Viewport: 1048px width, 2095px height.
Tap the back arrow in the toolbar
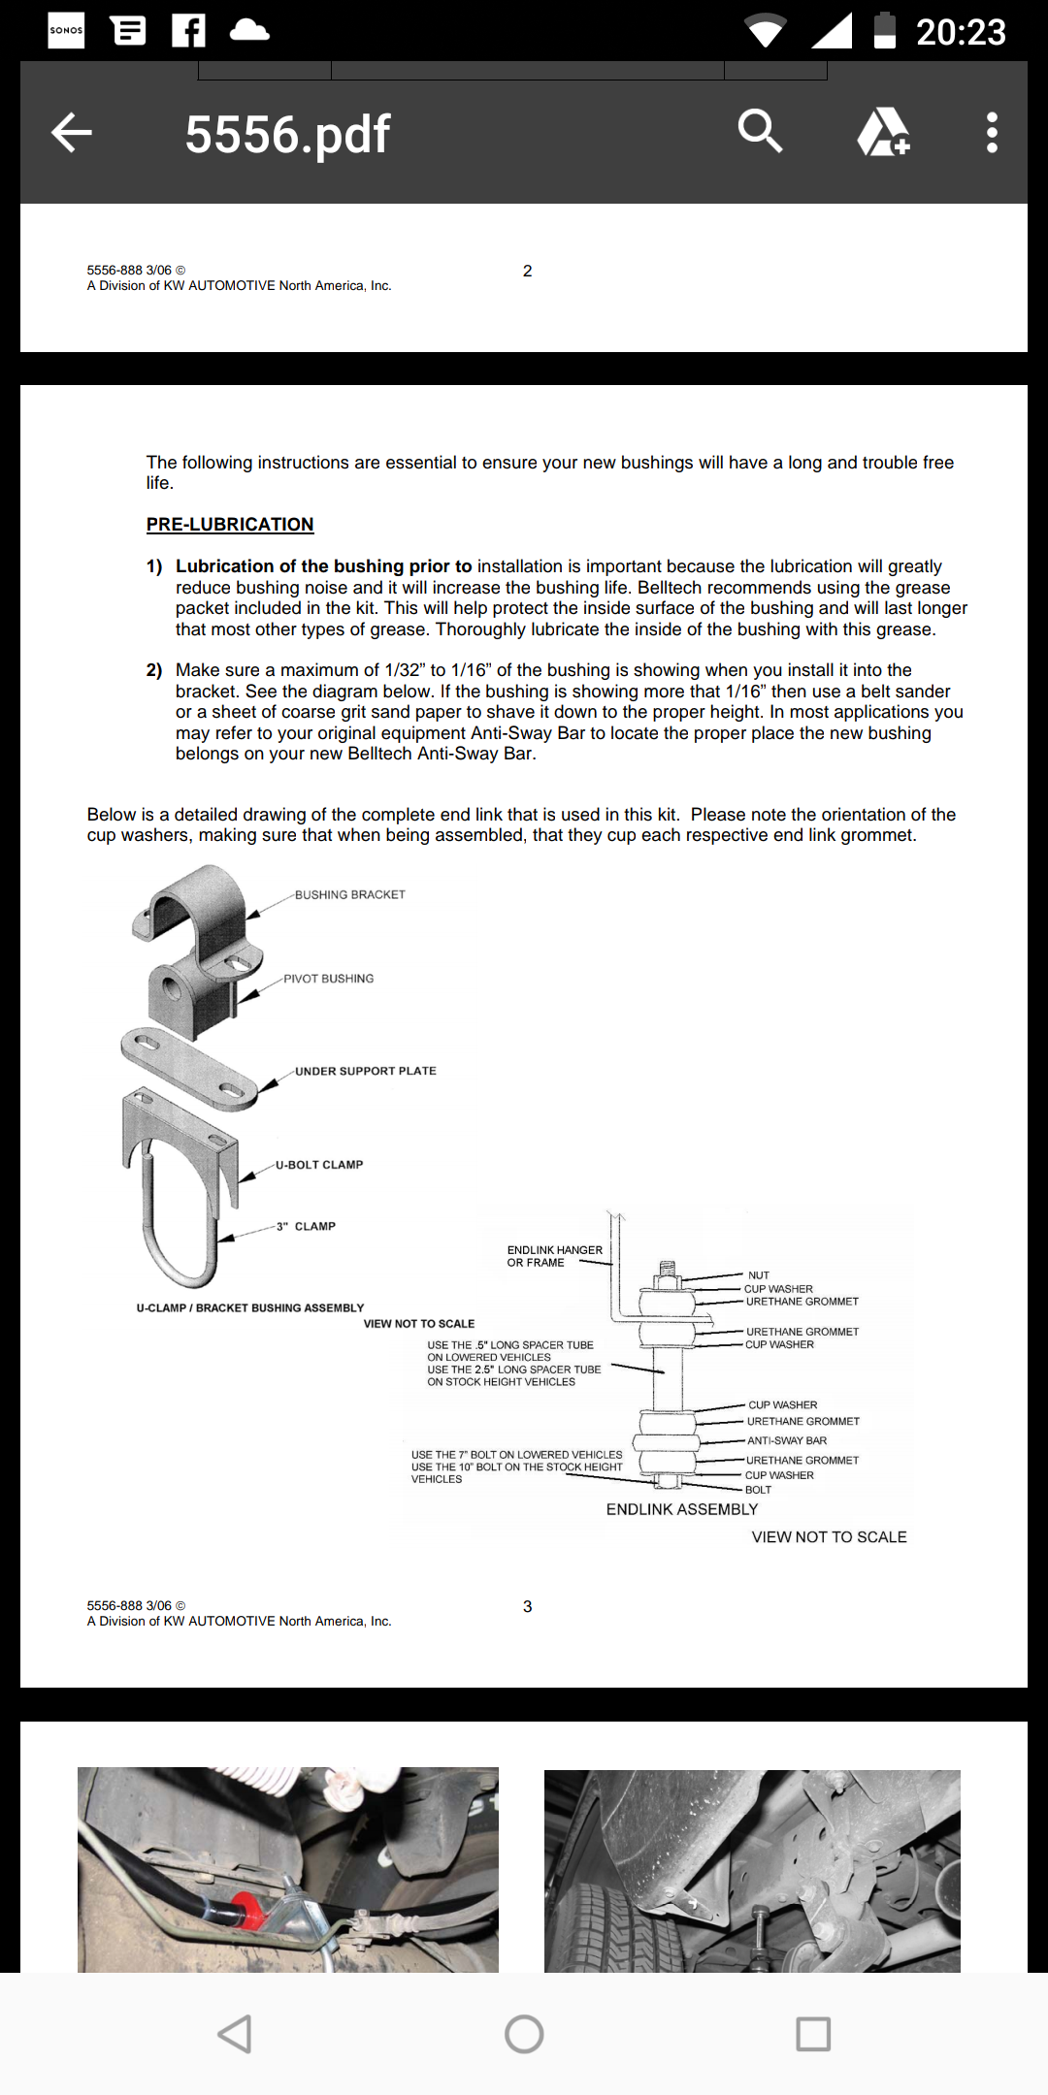72,133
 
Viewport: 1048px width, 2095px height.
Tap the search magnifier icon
760,131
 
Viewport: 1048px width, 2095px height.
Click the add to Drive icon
883,132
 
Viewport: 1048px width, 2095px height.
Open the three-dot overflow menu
991,133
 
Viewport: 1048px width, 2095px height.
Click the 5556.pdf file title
287,134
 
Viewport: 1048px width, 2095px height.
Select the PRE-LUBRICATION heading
230,525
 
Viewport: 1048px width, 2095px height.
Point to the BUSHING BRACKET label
349,894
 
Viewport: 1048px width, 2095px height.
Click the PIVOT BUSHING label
328,979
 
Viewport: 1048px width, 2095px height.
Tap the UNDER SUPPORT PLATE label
365,1071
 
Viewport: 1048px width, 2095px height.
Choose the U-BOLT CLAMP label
319,1165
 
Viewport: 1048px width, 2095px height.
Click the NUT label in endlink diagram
759,1275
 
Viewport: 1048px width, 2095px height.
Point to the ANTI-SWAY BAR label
787,1440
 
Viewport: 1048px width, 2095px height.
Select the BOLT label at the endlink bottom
758,1490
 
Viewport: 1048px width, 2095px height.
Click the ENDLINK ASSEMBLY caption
681,1509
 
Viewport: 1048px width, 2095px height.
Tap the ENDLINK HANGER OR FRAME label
554,1256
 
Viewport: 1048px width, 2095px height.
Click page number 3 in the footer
527,1606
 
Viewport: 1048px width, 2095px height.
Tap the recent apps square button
813,2034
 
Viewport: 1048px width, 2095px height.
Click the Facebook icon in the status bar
188,31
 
